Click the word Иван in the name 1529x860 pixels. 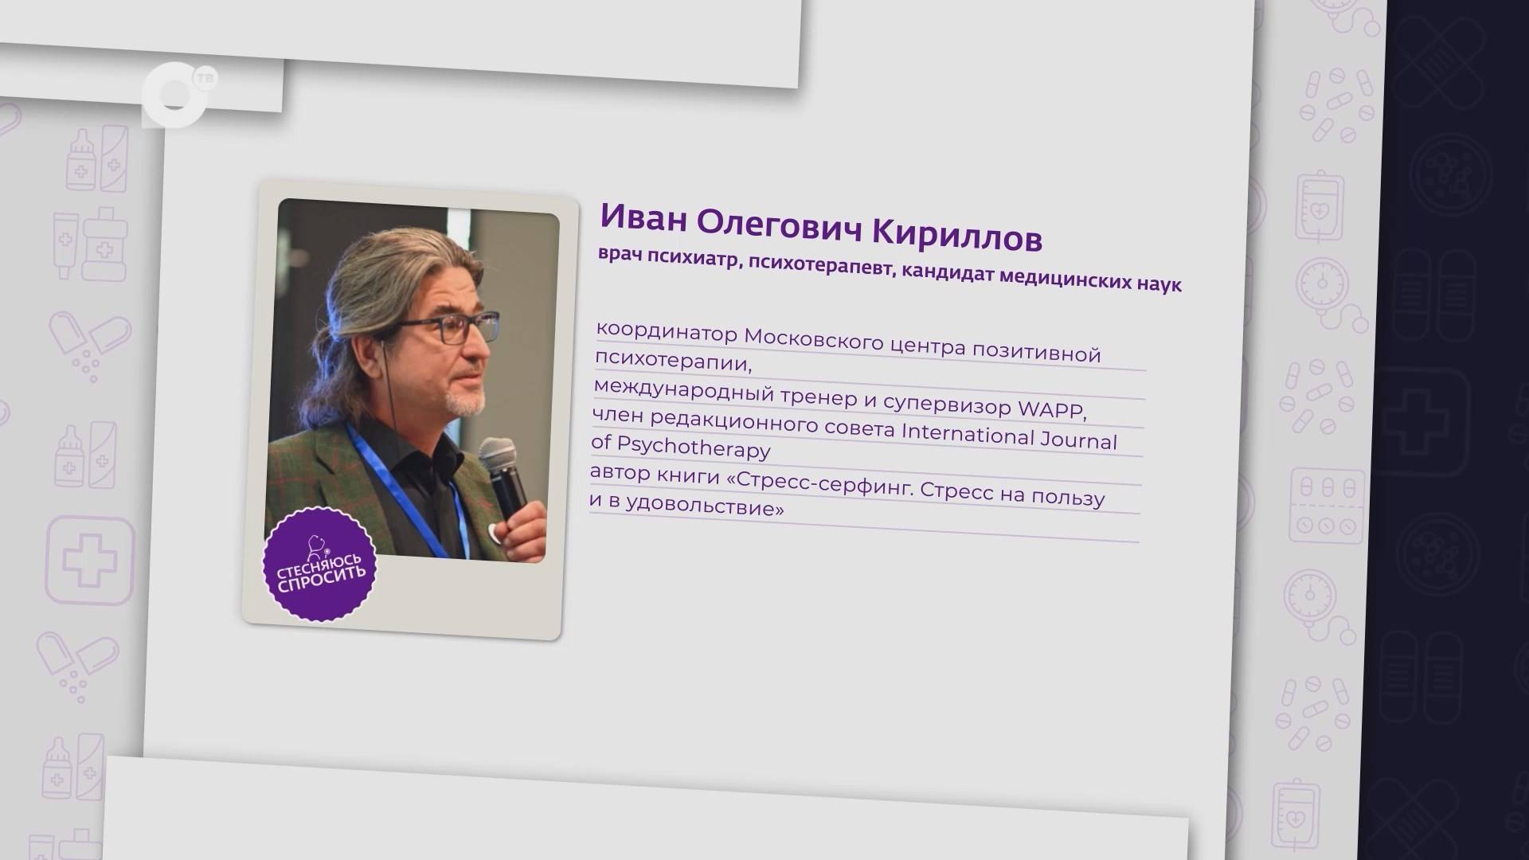coord(643,218)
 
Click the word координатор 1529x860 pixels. coord(667,331)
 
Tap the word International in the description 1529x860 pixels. coord(967,433)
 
